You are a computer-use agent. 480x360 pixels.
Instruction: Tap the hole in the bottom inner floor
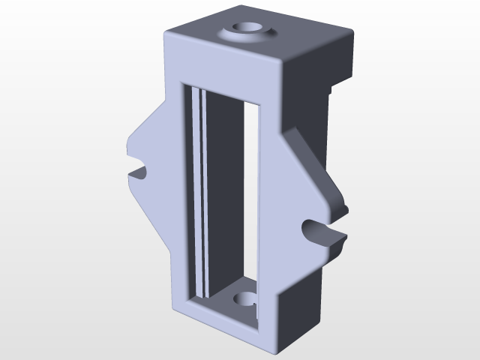click(245, 300)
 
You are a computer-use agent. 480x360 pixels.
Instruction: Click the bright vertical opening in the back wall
click(251, 195)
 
